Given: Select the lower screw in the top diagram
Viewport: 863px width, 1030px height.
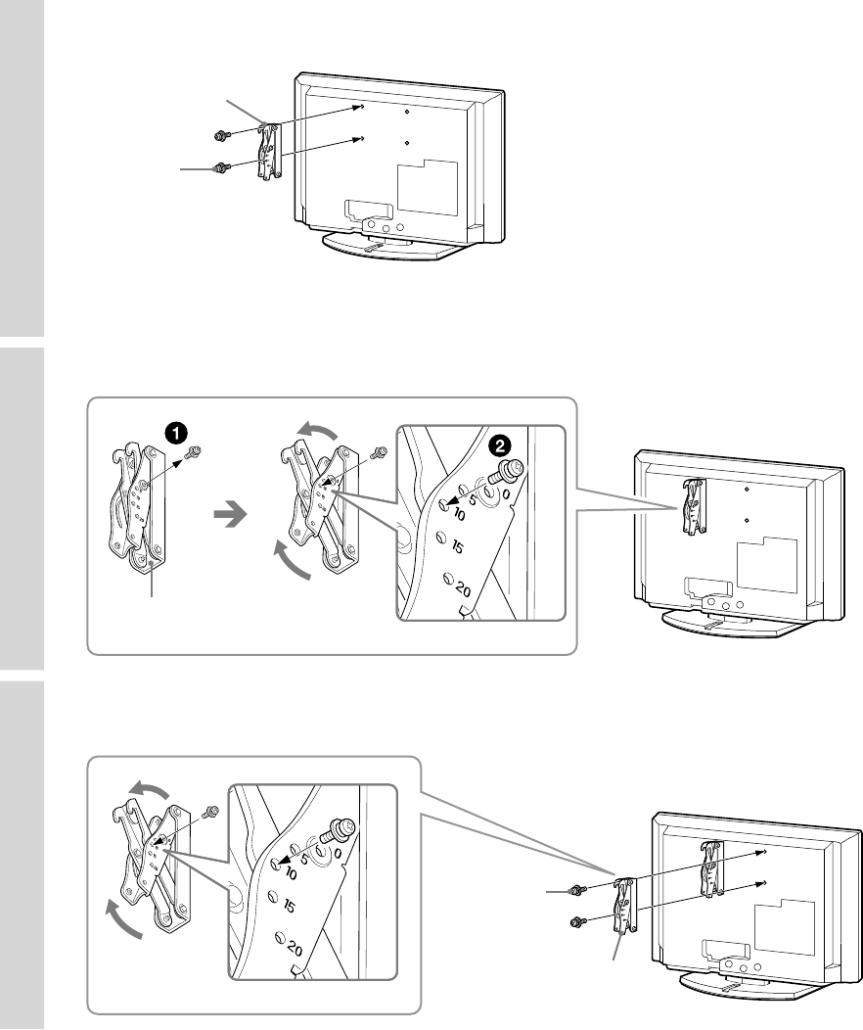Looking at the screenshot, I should (x=222, y=167).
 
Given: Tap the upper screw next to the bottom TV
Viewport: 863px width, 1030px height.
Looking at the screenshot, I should (x=579, y=889).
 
